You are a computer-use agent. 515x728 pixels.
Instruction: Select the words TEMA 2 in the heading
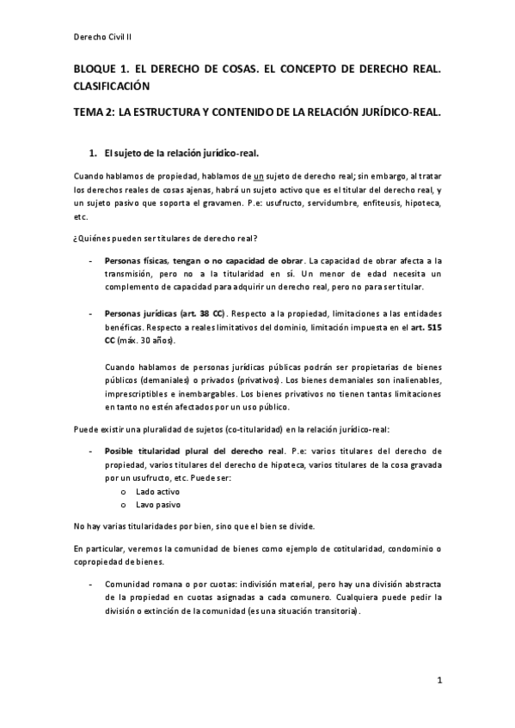tap(93, 112)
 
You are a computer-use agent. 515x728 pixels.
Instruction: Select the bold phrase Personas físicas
tap(136, 260)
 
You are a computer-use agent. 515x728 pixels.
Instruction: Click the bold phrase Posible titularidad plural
tap(163, 451)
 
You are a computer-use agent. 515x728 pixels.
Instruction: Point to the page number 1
tap(438, 682)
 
